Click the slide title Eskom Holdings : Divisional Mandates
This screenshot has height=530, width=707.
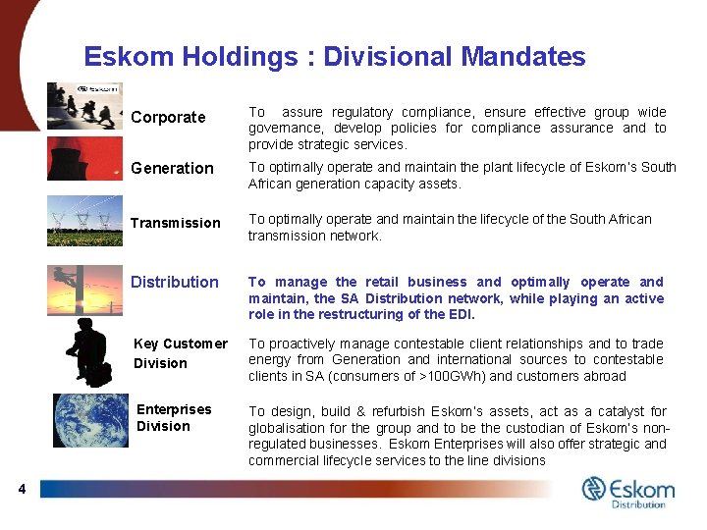334,57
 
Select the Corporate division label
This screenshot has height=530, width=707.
168,117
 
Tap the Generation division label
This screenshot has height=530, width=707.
172,168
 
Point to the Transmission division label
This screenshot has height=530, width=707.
176,223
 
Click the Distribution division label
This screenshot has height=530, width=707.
175,282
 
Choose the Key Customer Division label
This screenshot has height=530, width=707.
180,353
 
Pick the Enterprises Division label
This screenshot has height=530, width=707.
173,417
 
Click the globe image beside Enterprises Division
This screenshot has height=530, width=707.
90,421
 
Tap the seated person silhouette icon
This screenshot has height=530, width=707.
86,352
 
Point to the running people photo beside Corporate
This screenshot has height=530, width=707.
84,106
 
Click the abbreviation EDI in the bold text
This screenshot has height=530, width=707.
460,315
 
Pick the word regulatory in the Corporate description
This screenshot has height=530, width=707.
362,112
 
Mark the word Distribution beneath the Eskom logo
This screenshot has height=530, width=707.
638,504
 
